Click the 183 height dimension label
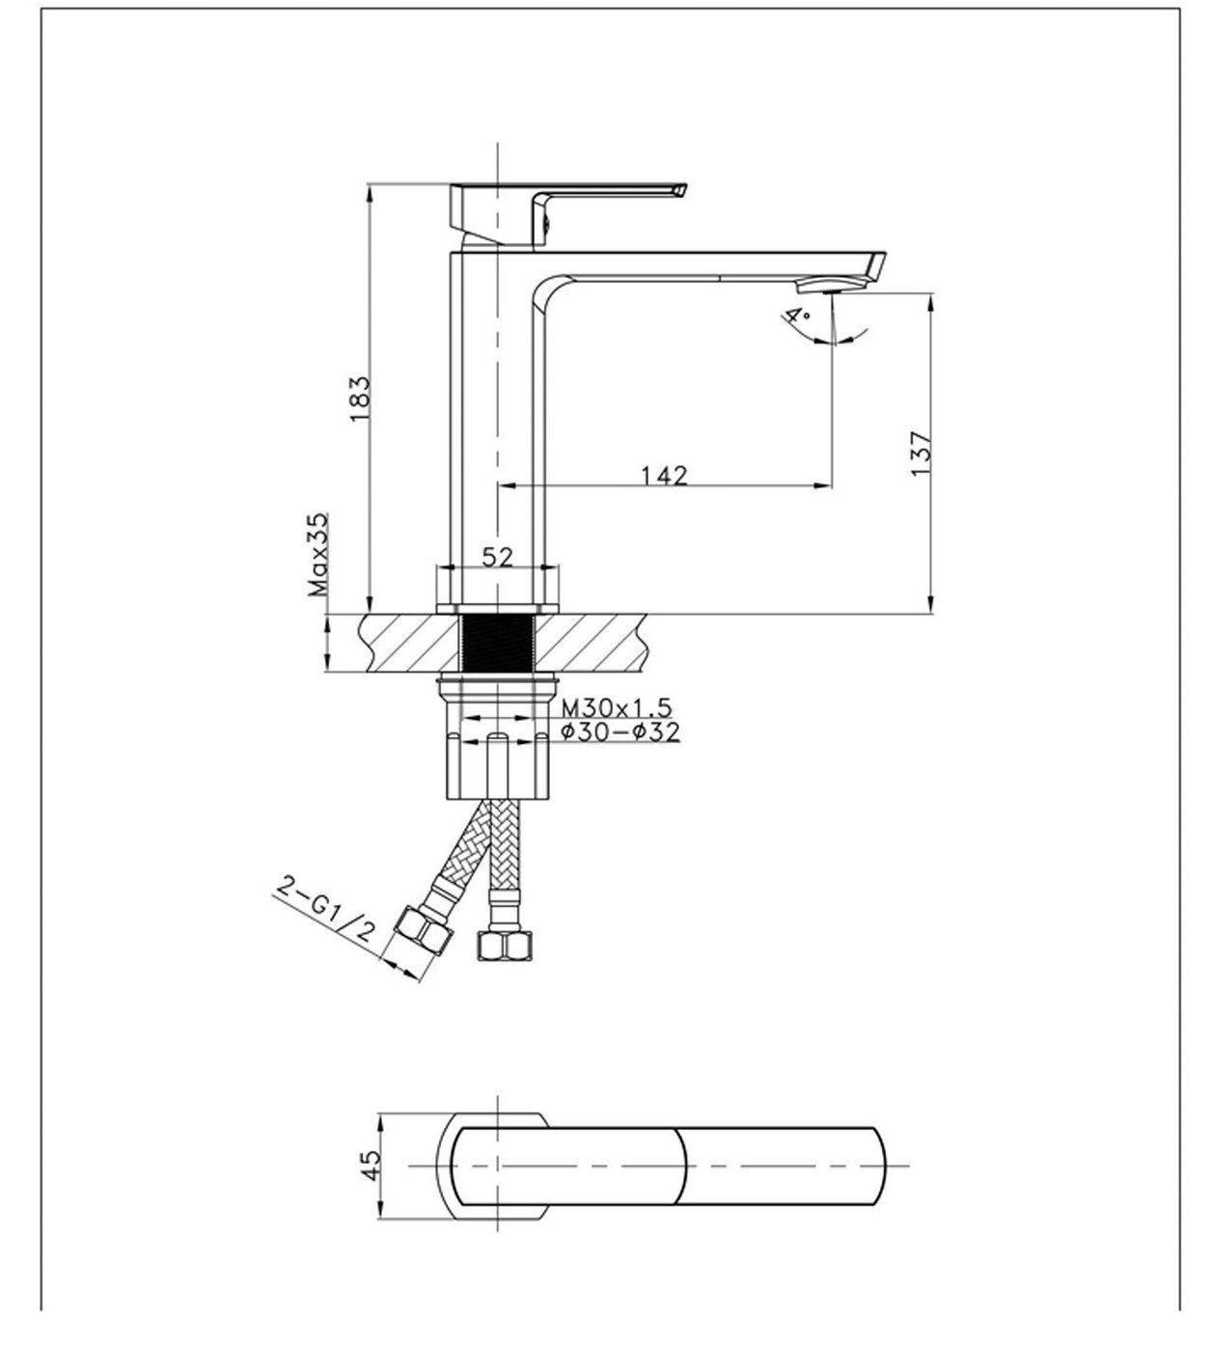[x=359, y=398]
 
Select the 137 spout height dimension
[x=921, y=452]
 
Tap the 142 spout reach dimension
[x=664, y=475]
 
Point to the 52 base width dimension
[x=498, y=557]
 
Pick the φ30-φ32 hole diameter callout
[x=620, y=732]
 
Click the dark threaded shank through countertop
[x=497, y=643]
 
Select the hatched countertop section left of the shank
[x=405, y=643]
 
